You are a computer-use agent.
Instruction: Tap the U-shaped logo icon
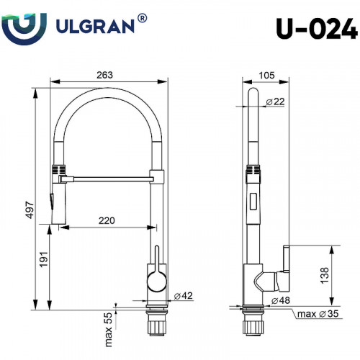pyautogui.click(x=25, y=27)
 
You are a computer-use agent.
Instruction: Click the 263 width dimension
pyautogui.click(x=107, y=76)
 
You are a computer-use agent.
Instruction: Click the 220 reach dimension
pyautogui.click(x=105, y=221)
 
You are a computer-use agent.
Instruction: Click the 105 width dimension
pyautogui.click(x=267, y=76)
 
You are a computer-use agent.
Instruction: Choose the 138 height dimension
pyautogui.click(x=325, y=274)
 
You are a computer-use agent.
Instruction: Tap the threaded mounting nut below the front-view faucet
pyautogui.click(x=156, y=325)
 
